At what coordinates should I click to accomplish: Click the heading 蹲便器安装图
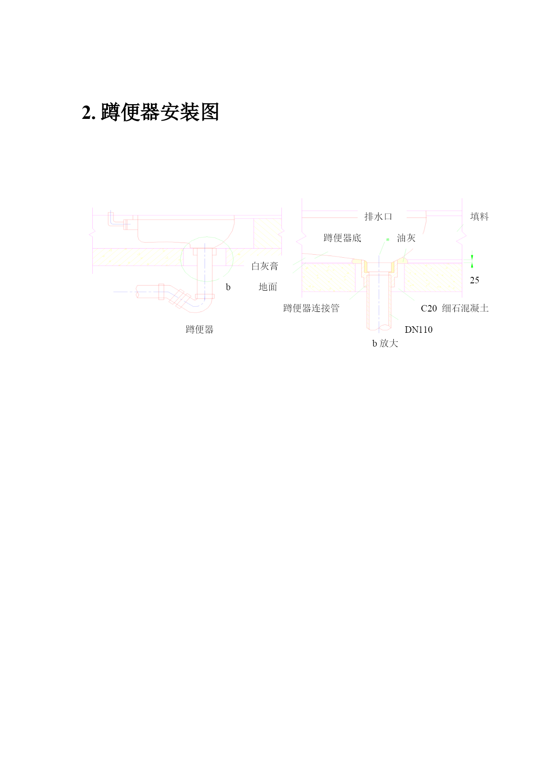click(160, 112)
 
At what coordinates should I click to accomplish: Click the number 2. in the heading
click(89, 113)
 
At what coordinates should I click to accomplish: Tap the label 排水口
click(378, 216)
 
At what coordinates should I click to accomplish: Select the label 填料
click(479, 216)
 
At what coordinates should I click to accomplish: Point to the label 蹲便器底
click(342, 238)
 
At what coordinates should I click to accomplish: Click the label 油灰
click(406, 238)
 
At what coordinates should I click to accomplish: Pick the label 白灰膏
click(265, 266)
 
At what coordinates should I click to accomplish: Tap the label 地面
click(268, 287)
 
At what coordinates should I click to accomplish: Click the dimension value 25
click(475, 280)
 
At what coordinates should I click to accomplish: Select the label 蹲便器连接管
click(311, 308)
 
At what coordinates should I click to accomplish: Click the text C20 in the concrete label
click(429, 308)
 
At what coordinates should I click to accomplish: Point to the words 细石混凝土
click(465, 308)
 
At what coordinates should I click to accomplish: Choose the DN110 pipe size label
click(419, 330)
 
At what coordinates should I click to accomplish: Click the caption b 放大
click(385, 343)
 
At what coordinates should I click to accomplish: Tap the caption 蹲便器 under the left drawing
click(200, 329)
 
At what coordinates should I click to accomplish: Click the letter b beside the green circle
click(228, 287)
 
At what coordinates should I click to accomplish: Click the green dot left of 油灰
click(388, 239)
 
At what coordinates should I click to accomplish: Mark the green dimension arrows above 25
click(472, 262)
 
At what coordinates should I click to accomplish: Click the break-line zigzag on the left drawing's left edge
click(92, 233)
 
